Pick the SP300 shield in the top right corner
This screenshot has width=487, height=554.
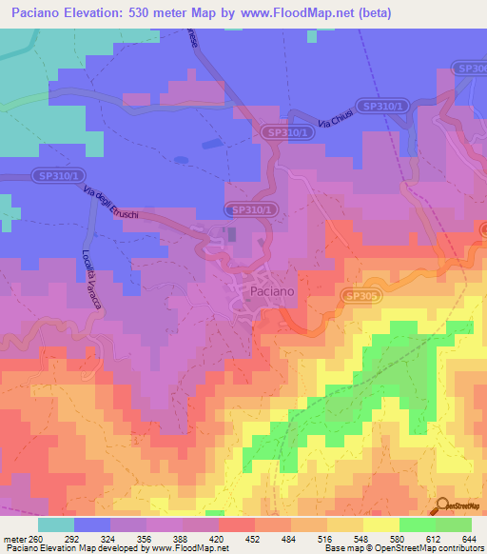(468, 69)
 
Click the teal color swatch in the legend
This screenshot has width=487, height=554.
(55, 524)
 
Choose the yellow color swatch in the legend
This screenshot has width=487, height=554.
(380, 524)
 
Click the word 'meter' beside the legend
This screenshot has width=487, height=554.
(12, 537)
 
